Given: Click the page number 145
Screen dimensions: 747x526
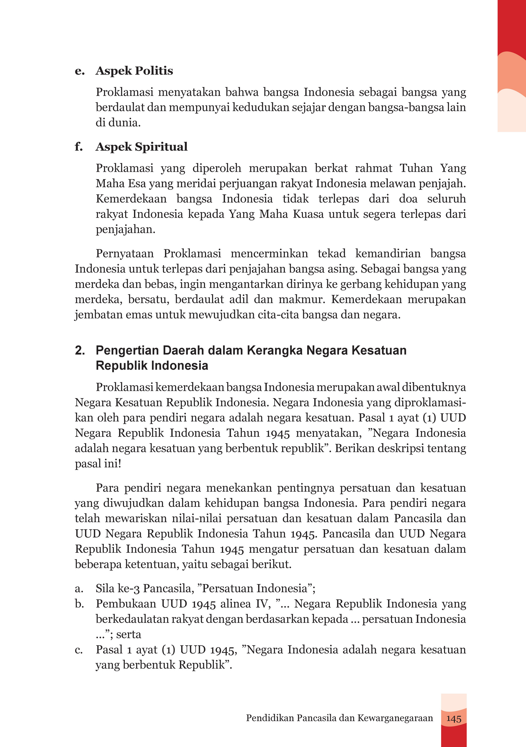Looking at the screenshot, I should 454,718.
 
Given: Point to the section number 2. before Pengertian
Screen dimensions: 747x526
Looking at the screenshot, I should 80,350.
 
